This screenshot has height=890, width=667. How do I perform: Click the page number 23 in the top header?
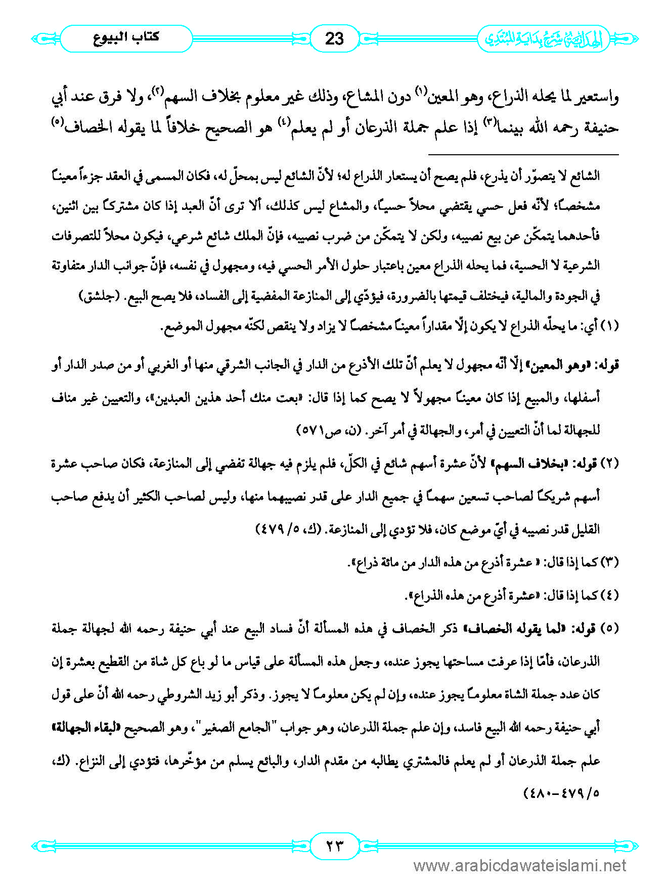[334, 38]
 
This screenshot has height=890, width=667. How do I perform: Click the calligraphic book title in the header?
[544, 38]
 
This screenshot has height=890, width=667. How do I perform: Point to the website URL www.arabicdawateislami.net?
[520, 866]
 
